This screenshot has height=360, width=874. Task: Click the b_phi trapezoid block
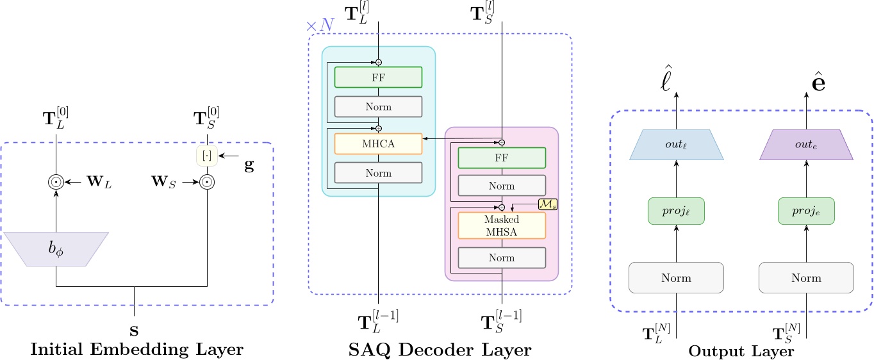coord(56,249)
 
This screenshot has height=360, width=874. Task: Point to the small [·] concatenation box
coord(206,156)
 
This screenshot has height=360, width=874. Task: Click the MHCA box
coord(378,144)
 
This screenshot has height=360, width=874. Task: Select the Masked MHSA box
coord(502,225)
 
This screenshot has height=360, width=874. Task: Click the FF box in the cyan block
coord(378,77)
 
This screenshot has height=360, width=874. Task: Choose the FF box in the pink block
coord(502,158)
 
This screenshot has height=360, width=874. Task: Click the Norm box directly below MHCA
coord(378,172)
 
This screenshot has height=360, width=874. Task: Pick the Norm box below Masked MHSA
coord(502,258)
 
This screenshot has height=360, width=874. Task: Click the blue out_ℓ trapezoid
coord(677,144)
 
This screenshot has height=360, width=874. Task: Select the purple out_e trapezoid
coord(806,144)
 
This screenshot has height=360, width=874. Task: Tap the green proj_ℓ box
coord(677,212)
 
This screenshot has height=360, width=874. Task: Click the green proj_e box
coord(806,212)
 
